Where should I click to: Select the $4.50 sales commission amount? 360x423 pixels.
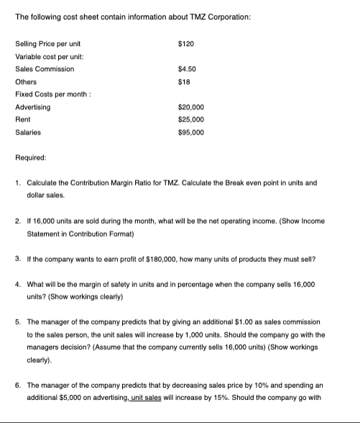click(x=187, y=69)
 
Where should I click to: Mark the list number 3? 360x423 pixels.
click(x=18, y=259)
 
